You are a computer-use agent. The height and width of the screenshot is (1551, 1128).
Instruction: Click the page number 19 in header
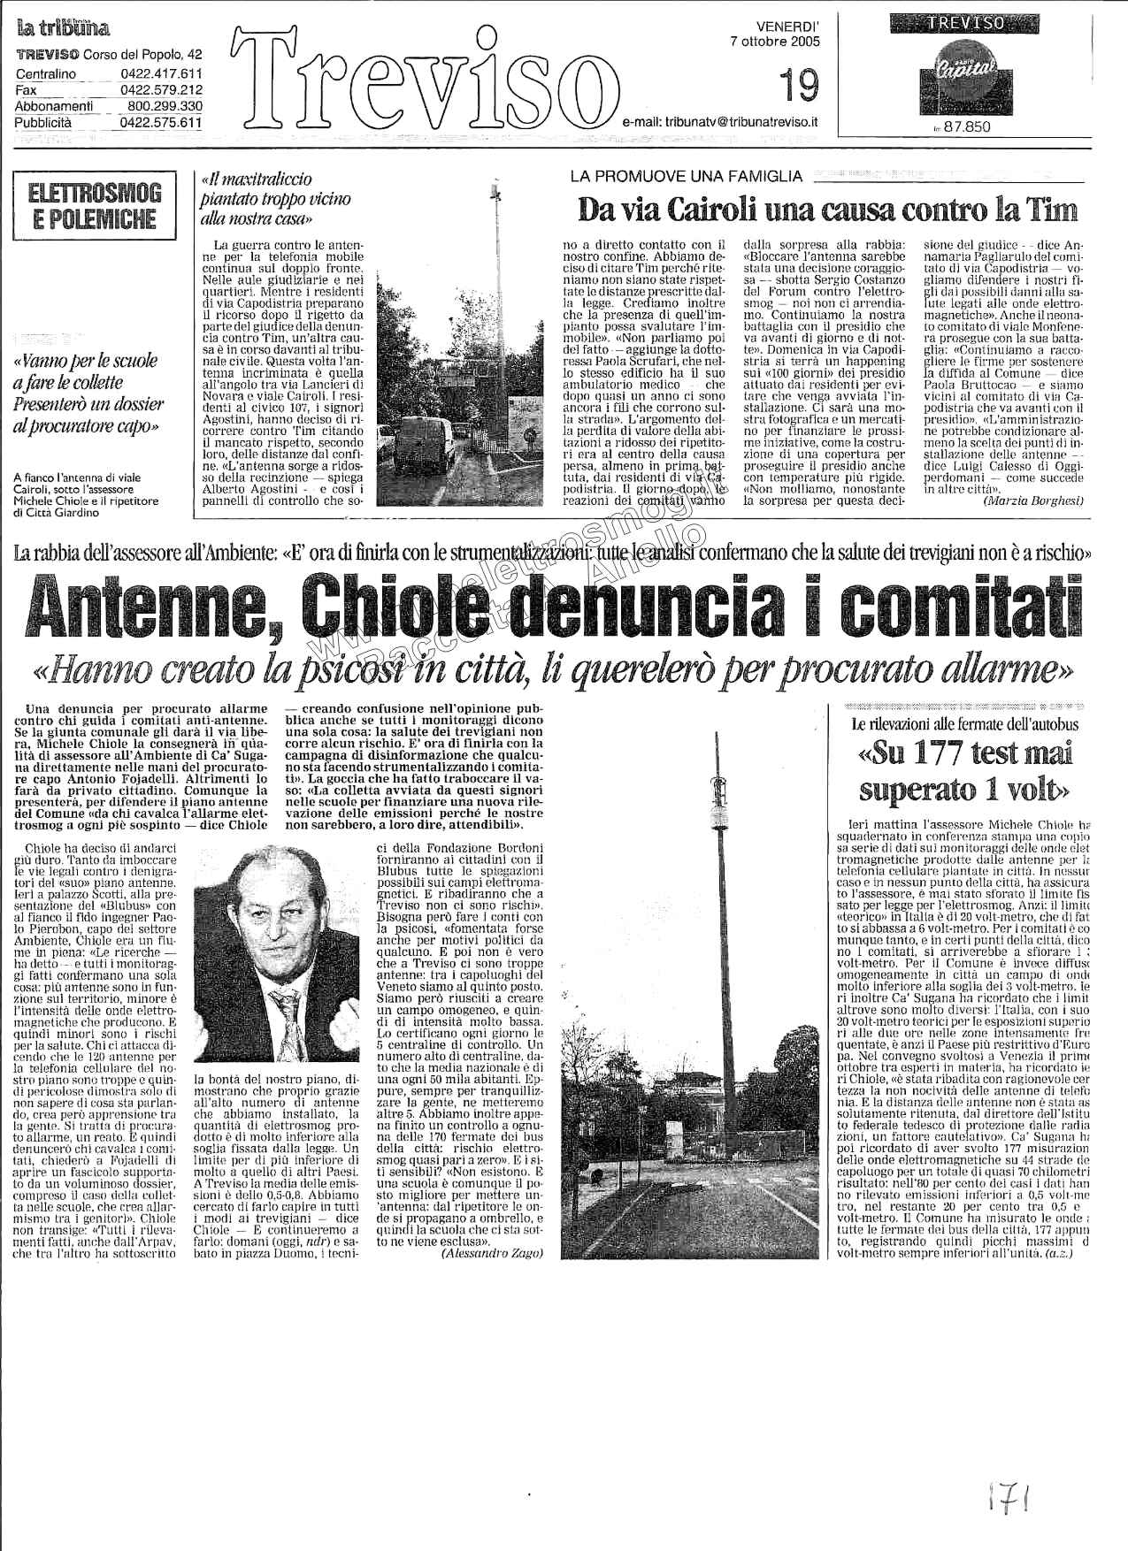(800, 87)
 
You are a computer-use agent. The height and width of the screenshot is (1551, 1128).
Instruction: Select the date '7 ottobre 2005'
(774, 41)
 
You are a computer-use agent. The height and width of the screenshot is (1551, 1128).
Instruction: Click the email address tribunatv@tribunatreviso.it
(719, 126)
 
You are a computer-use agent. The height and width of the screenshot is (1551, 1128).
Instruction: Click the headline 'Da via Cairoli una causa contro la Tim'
(827, 210)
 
